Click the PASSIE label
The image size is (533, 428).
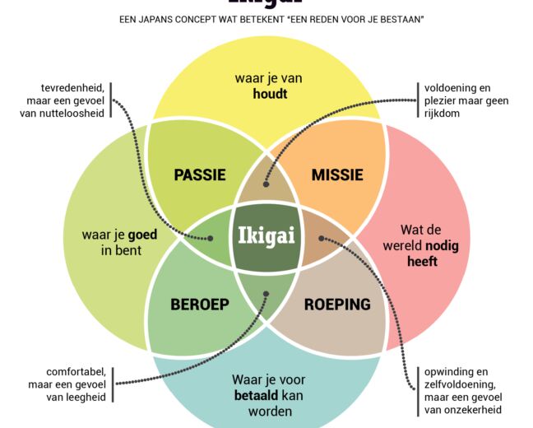pyautogui.click(x=200, y=174)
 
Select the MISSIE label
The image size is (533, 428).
pyautogui.click(x=336, y=174)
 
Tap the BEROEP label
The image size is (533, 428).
pyautogui.click(x=200, y=304)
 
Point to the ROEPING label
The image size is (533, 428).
pyautogui.click(x=336, y=304)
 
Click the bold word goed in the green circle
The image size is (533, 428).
pyautogui.click(x=141, y=235)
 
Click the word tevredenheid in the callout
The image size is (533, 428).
pyautogui.click(x=72, y=87)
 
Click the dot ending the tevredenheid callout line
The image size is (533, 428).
pyautogui.click(x=211, y=239)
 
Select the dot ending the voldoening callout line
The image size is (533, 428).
pyautogui.click(x=265, y=174)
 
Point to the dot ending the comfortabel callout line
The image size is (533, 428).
pyautogui.click(x=265, y=294)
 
